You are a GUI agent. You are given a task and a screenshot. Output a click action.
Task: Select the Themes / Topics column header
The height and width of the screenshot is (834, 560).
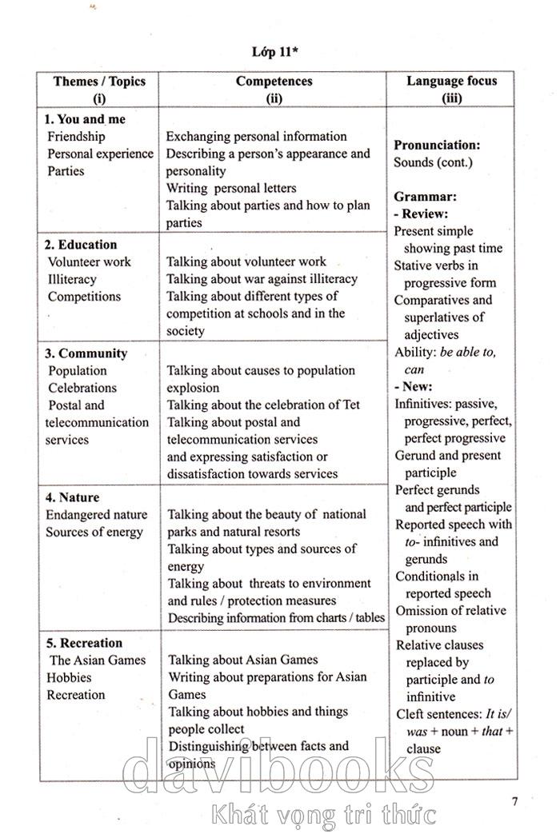(x=100, y=82)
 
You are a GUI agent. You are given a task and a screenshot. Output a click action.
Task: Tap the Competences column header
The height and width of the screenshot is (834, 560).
(x=274, y=82)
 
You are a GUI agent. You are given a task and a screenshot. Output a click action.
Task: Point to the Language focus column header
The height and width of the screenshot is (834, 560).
(x=451, y=81)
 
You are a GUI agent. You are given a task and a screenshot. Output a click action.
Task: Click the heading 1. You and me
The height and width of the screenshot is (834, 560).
(x=86, y=119)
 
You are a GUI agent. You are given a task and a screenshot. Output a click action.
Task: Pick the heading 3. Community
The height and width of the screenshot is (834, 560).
(x=86, y=353)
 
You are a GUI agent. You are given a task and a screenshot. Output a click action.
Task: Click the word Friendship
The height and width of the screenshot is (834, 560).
(x=76, y=137)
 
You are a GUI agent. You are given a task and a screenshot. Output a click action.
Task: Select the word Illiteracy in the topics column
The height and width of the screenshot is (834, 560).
(x=72, y=279)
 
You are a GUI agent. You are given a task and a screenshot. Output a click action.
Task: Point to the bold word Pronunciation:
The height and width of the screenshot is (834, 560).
(x=437, y=146)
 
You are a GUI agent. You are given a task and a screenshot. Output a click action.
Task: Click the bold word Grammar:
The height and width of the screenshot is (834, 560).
(x=426, y=197)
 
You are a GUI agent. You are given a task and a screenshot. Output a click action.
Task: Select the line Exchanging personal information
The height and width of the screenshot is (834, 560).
(x=256, y=137)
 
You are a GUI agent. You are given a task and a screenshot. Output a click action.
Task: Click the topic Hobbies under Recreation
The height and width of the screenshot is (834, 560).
(x=69, y=677)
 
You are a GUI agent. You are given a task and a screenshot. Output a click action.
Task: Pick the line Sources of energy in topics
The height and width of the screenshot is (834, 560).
(x=94, y=532)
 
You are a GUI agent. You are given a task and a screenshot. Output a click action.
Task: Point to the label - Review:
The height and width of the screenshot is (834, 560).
(x=421, y=214)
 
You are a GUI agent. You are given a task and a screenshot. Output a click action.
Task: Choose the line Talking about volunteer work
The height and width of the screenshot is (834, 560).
(x=246, y=261)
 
